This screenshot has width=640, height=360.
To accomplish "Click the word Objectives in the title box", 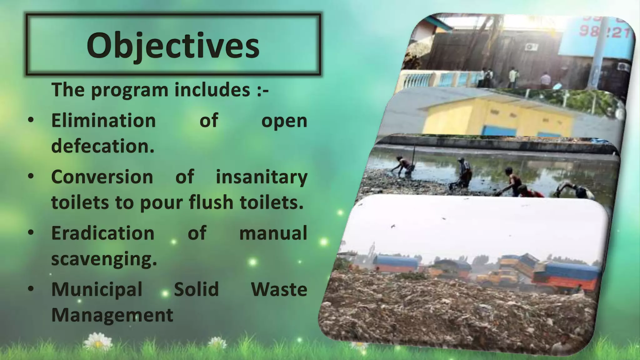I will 173,46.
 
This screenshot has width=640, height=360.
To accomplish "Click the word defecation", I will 103,146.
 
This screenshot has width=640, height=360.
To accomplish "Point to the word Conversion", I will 102,177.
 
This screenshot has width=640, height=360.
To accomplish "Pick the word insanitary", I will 262,177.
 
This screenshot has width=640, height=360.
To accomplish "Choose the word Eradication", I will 103,233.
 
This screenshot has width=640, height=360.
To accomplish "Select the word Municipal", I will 97,289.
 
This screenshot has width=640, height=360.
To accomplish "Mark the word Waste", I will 279,289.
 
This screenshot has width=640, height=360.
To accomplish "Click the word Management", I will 112,315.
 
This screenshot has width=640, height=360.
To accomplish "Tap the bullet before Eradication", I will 31,232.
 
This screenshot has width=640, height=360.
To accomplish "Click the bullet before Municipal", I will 31,289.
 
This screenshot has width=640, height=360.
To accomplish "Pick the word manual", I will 273,233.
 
